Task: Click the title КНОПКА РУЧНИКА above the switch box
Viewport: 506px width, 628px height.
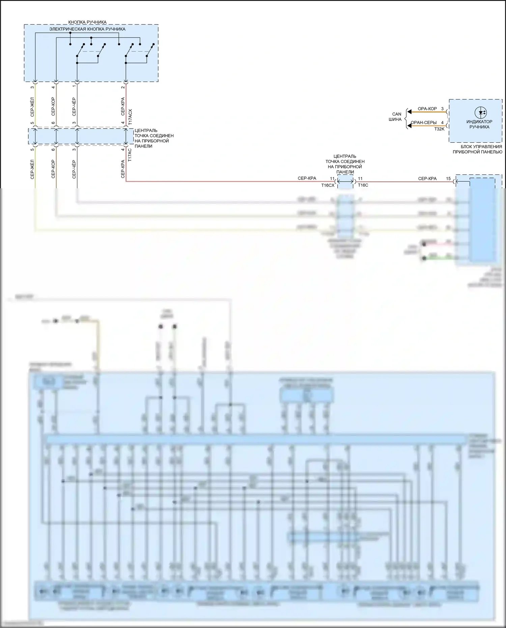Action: pyautogui.click(x=87, y=22)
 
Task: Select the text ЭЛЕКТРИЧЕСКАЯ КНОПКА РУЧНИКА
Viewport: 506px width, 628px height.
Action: pyautogui.click(x=87, y=29)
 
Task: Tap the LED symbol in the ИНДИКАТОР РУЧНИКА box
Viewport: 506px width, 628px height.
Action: pyautogui.click(x=480, y=113)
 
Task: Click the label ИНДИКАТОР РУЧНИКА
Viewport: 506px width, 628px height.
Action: pyautogui.click(x=479, y=124)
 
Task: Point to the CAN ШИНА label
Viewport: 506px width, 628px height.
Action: pyautogui.click(x=396, y=117)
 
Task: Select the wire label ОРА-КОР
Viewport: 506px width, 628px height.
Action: pyautogui.click(x=427, y=109)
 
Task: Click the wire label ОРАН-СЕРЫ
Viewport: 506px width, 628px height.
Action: pyautogui.click(x=424, y=122)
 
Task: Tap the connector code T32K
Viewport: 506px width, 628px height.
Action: pyautogui.click(x=439, y=129)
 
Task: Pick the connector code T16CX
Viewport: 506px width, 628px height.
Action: pyautogui.click(x=328, y=185)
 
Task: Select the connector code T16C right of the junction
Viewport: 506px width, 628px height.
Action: pyautogui.click(x=363, y=185)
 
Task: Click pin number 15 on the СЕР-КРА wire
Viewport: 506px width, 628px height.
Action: pyautogui.click(x=448, y=179)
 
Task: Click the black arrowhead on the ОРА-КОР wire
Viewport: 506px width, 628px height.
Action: pyautogui.click(x=409, y=112)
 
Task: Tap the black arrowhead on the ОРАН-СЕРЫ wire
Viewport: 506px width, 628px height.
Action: pyautogui.click(x=409, y=126)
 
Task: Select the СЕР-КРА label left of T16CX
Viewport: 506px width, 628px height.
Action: pyautogui.click(x=307, y=179)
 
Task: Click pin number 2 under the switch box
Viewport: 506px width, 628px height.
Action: pyautogui.click(x=123, y=87)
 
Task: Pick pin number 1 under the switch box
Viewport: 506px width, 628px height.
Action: pyautogui.click(x=74, y=87)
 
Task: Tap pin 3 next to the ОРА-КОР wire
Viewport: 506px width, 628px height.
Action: pyautogui.click(x=442, y=109)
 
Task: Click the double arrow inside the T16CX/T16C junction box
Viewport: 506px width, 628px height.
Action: pyautogui.click(x=345, y=182)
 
